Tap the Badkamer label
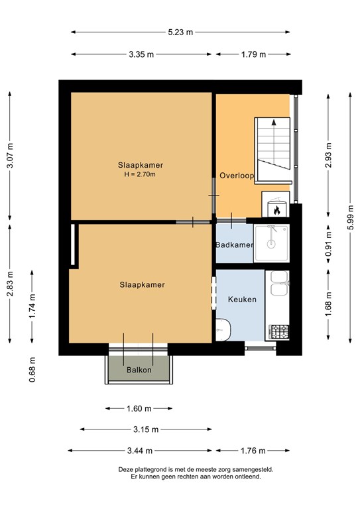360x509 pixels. (x=234, y=245)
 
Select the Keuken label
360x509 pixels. (x=242, y=300)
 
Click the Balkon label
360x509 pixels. (x=139, y=370)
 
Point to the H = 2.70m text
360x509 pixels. (x=140, y=174)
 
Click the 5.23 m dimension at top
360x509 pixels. (x=180, y=32)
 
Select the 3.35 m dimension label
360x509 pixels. (x=141, y=54)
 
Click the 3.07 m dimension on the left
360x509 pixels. (x=10, y=156)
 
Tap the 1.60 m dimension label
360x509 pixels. (x=139, y=409)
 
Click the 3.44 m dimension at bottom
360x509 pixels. (x=141, y=451)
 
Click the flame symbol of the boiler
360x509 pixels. (x=276, y=210)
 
